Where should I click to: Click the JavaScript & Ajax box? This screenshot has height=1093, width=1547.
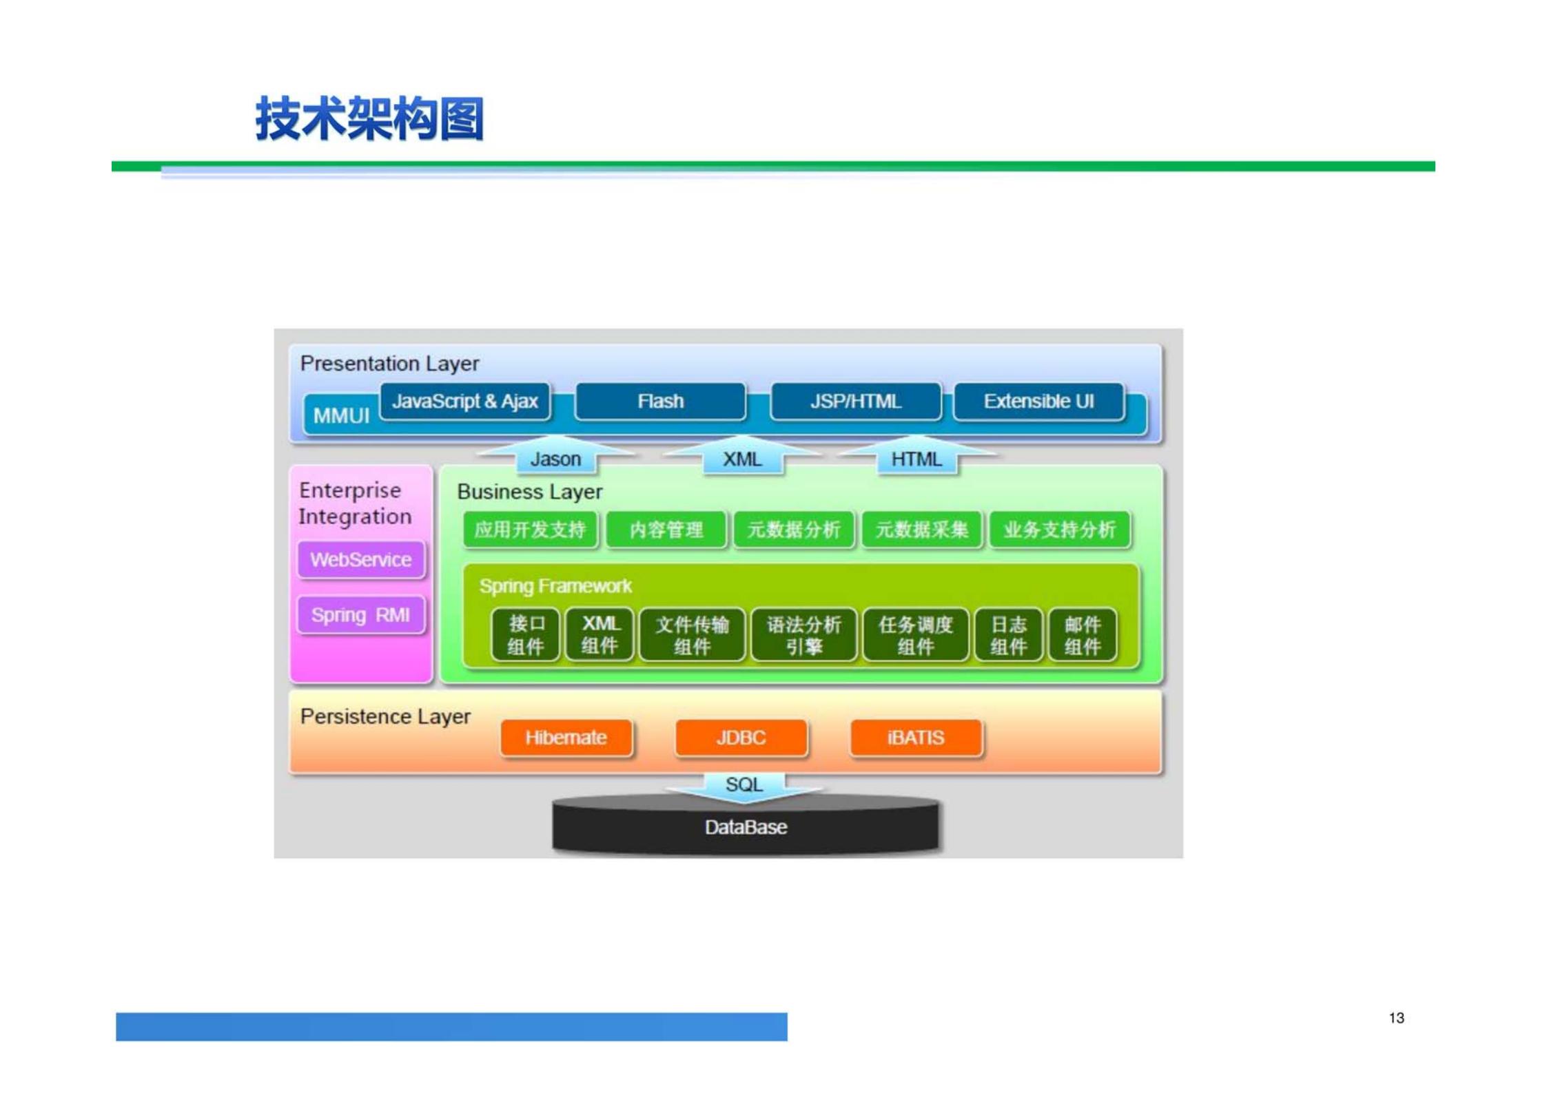pos(464,402)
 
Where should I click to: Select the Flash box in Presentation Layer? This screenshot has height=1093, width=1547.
pos(660,402)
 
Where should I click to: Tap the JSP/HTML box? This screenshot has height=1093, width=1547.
pos(855,402)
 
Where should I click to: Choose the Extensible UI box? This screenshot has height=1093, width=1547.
pos(1038,402)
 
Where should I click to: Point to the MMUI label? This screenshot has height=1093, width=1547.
pos(341,416)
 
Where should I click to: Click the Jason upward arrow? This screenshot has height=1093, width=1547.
pos(555,457)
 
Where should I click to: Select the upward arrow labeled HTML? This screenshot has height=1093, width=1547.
pos(916,457)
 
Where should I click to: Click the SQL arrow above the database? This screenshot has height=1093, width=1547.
pos(744,786)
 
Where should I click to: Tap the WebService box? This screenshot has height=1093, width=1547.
pos(360,560)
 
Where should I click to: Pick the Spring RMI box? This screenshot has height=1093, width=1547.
pos(360,615)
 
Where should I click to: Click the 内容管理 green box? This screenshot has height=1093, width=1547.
pos(666,530)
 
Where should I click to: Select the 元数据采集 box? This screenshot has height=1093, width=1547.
pos(921,530)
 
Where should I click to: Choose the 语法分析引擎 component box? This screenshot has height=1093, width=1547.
pos(803,635)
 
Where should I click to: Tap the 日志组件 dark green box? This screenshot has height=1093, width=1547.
pos(1008,635)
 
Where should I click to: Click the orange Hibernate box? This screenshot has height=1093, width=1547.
pos(566,738)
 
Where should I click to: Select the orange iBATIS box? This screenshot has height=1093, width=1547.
pos(916,738)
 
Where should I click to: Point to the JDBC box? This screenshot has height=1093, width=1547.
pos(741,738)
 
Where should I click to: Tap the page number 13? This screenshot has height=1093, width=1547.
pos(1396,1018)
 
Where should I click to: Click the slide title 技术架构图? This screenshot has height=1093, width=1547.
pos(369,119)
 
